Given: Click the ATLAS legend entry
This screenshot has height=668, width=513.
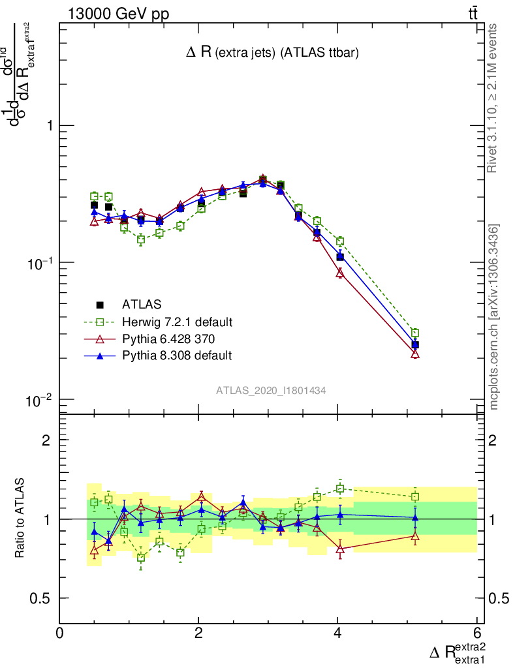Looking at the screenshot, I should point(141,304).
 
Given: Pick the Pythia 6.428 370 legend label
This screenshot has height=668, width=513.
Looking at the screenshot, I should point(172,339).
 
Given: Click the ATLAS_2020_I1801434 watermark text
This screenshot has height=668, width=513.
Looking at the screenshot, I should point(271,390).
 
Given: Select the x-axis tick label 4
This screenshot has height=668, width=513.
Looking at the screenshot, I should point(337,633).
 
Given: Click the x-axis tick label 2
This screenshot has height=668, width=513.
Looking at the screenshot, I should point(198,633).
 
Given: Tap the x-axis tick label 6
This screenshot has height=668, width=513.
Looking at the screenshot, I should point(476,633).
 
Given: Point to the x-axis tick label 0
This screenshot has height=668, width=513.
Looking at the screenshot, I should point(59,633).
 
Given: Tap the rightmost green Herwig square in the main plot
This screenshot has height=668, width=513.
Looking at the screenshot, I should point(415,333).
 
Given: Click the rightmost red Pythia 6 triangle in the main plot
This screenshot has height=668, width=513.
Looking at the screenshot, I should point(415,354).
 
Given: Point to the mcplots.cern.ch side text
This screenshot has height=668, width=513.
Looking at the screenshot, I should point(494,316).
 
